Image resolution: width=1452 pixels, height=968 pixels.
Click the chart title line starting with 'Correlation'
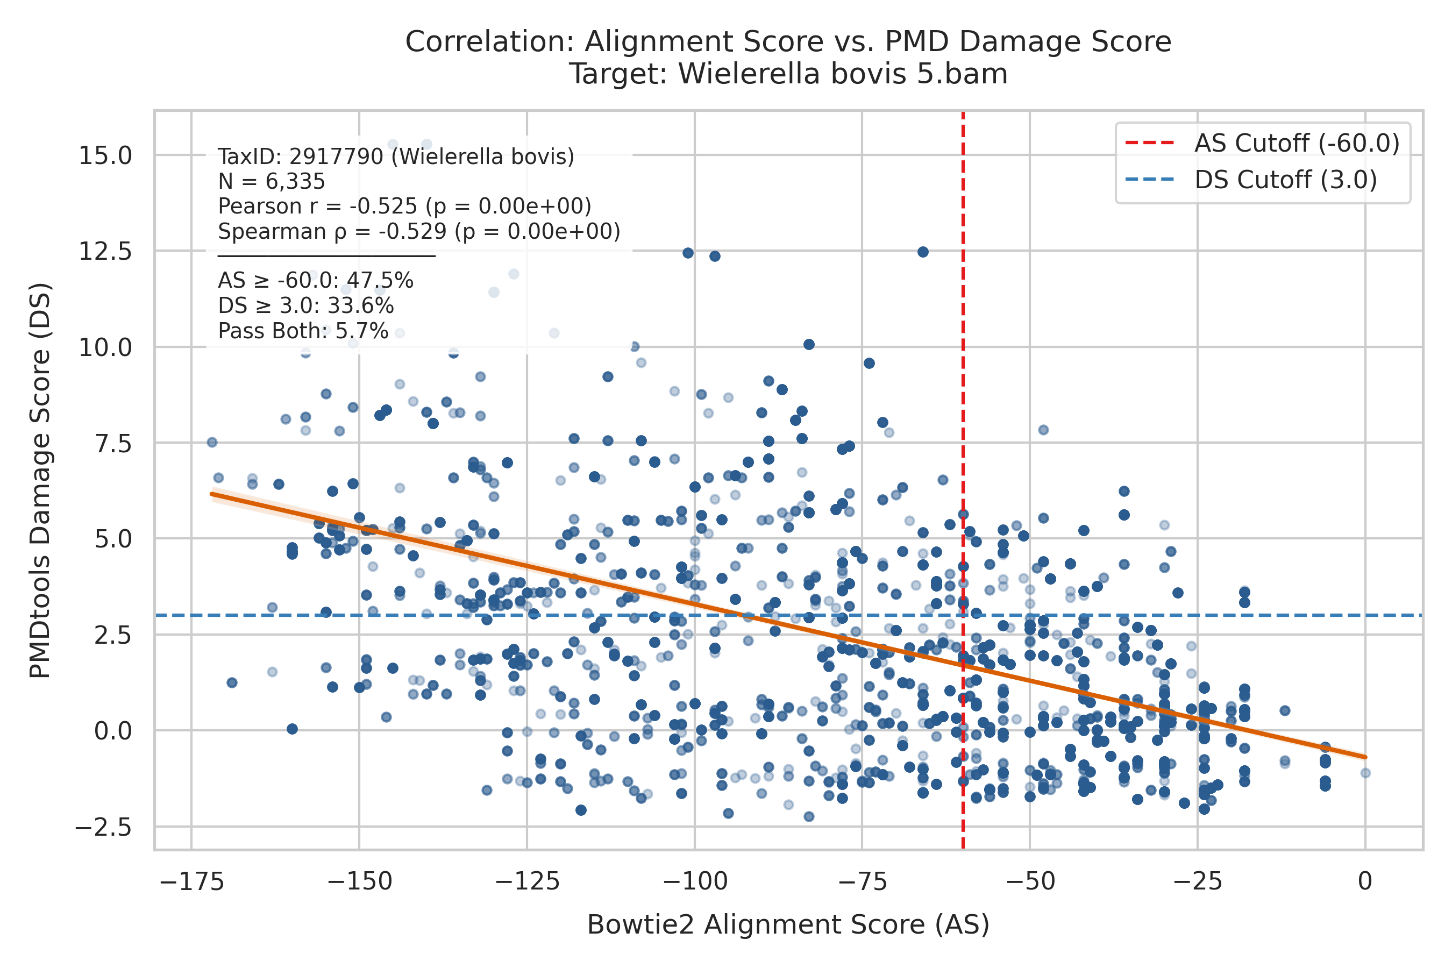pyautogui.click(x=788, y=42)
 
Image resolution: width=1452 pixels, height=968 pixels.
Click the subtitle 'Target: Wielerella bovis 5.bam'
pyautogui.click(x=788, y=74)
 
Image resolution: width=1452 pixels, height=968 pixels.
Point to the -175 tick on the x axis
pyautogui.click(x=192, y=881)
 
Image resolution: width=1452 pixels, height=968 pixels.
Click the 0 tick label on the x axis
pyautogui.click(x=1365, y=881)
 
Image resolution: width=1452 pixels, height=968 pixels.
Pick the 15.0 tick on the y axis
pyautogui.click(x=105, y=155)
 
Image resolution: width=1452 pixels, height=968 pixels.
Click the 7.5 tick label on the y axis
pyautogui.click(x=113, y=443)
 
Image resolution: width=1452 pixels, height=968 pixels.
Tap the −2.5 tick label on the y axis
pyautogui.click(x=104, y=827)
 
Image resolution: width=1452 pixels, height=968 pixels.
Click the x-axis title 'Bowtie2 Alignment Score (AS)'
pyautogui.click(x=788, y=926)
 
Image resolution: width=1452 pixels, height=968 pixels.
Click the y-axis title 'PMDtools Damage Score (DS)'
pyautogui.click(x=41, y=480)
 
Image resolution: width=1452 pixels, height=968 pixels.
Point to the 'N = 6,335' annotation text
pyautogui.click(x=272, y=182)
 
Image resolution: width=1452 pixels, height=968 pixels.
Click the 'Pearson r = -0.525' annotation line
pyautogui.click(x=405, y=206)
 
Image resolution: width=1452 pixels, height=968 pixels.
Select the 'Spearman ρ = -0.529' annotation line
pyautogui.click(x=419, y=231)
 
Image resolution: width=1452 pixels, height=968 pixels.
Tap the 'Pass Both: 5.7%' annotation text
pyautogui.click(x=303, y=331)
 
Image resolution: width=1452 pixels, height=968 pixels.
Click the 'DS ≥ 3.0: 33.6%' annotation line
pyautogui.click(x=305, y=306)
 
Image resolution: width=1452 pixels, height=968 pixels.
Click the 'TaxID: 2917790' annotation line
pyautogui.click(x=396, y=157)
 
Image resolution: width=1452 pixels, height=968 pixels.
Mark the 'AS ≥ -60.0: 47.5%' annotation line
pyautogui.click(x=316, y=281)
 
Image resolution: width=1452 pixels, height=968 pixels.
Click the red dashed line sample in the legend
pyautogui.click(x=1150, y=143)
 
